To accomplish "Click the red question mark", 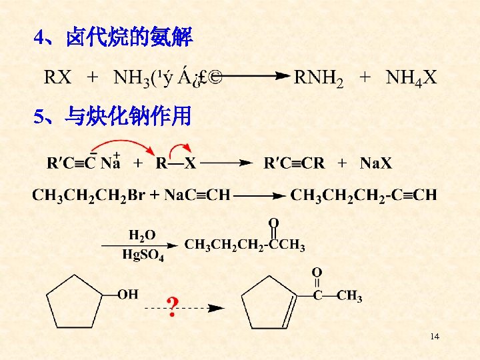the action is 172,307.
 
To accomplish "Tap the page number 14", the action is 435,336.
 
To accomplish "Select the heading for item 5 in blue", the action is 113,117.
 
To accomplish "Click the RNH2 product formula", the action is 319,79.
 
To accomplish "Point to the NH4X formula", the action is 411,79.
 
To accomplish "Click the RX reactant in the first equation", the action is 58,79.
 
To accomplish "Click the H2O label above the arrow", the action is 142,235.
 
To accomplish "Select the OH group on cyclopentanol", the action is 127,293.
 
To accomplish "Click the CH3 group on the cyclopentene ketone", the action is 350,296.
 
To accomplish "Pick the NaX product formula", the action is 376,163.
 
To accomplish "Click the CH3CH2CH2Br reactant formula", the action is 88,195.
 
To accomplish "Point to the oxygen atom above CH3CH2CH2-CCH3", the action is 273,222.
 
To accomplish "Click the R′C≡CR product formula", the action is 294,163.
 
